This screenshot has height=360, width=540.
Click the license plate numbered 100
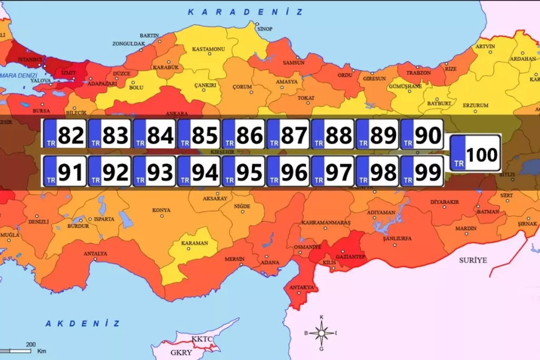point(475,153)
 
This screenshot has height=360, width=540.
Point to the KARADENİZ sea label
point(245,12)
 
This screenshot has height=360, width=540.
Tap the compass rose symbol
point(321,333)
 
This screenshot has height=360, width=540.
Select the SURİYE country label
point(473,260)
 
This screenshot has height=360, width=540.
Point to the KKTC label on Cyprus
point(202,338)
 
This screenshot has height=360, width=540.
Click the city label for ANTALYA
point(95,254)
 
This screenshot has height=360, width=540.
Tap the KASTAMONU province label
point(208,49)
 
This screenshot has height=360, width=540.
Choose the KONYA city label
point(161,210)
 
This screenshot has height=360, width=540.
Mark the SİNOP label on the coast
point(265,29)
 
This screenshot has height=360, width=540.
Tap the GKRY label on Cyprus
point(181,353)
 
